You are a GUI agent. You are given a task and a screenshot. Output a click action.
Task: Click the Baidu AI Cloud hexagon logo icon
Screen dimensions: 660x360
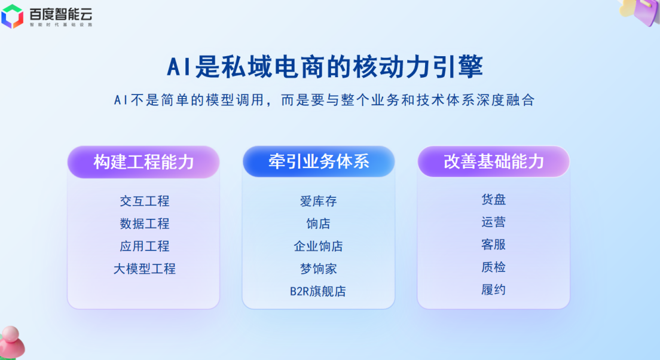coord(12,16)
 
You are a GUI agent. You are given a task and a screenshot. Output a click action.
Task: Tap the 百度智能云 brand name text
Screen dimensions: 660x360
coord(60,14)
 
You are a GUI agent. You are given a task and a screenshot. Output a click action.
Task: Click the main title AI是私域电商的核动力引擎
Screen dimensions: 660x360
coord(325,66)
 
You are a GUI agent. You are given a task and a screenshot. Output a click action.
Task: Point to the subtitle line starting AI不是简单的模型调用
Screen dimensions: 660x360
coord(325,100)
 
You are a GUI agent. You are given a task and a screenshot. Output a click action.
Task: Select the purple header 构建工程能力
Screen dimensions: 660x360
coord(143,162)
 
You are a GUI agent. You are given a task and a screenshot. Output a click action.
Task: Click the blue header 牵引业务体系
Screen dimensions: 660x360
coord(319,161)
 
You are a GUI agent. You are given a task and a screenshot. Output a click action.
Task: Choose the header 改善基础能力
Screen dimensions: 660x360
coord(493,161)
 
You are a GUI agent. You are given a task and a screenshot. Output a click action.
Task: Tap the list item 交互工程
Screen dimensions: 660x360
coord(145,202)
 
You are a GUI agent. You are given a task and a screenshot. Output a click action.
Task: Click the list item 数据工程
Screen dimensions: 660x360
coord(145,224)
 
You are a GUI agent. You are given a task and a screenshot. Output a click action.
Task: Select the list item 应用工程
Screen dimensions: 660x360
coord(145,246)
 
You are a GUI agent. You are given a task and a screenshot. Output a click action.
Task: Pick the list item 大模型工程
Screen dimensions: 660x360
coord(145,269)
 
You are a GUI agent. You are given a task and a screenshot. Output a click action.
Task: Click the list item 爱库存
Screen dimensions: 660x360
coord(319,202)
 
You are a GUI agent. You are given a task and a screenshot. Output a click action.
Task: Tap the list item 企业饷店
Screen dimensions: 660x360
coord(319,246)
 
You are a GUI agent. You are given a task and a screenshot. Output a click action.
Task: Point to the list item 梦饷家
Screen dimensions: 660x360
coord(319,269)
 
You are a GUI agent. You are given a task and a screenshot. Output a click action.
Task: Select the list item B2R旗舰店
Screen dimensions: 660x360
coord(318,291)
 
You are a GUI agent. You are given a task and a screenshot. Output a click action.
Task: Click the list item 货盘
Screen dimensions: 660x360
coord(493,199)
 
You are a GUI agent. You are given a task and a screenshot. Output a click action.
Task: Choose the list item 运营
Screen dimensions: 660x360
coord(493,222)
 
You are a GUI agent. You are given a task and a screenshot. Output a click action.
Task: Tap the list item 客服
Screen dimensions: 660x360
coord(493,245)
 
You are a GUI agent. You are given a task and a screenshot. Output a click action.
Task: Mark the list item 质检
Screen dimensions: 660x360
coord(493,267)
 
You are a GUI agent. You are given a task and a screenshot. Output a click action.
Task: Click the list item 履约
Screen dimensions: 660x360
coord(493,289)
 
